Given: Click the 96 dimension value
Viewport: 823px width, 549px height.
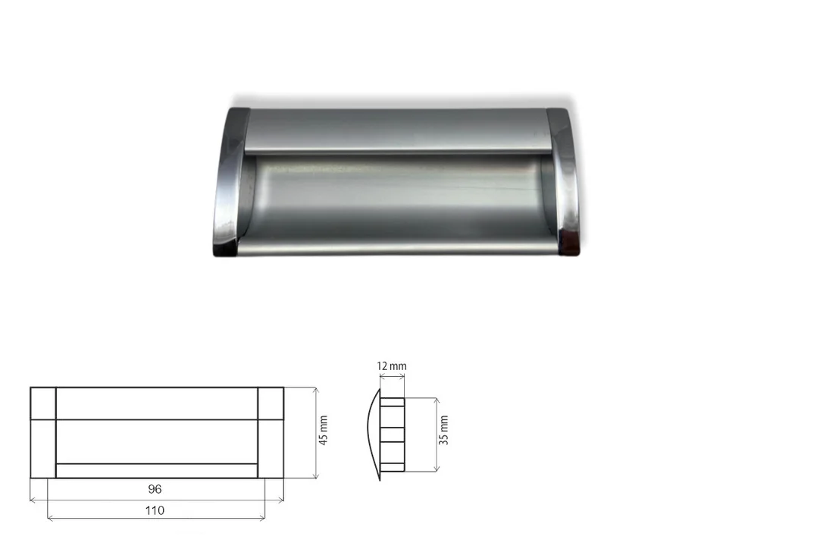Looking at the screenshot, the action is click(x=155, y=489).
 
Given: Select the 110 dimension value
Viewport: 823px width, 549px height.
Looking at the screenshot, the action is click(x=155, y=510).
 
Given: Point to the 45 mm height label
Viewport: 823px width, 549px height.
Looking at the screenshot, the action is click(x=324, y=431).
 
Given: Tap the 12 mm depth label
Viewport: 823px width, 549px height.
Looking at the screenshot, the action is click(x=392, y=365).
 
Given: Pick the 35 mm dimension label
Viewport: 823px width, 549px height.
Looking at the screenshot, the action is click(x=443, y=430).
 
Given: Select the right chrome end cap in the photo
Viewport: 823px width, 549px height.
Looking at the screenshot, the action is click(x=562, y=181).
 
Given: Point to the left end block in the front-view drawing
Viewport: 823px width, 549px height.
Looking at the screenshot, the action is click(x=43, y=433).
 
